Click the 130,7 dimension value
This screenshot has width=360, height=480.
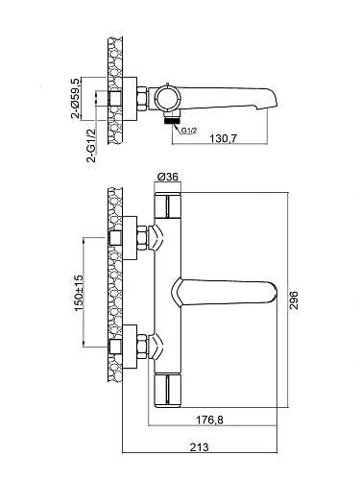coord(223,138)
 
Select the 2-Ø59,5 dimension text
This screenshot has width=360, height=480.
coord(76,99)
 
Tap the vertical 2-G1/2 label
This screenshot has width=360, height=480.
coord(91,145)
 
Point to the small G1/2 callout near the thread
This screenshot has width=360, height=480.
coord(189,131)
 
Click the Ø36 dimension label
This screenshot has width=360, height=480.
coord(168,177)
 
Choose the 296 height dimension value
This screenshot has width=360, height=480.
coord(294,300)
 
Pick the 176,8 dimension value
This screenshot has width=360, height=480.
coord(209,420)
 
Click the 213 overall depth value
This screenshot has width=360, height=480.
coord(199,446)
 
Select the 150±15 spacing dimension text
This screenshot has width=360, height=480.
coord(79,293)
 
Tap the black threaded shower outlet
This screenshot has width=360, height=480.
coord(172,120)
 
